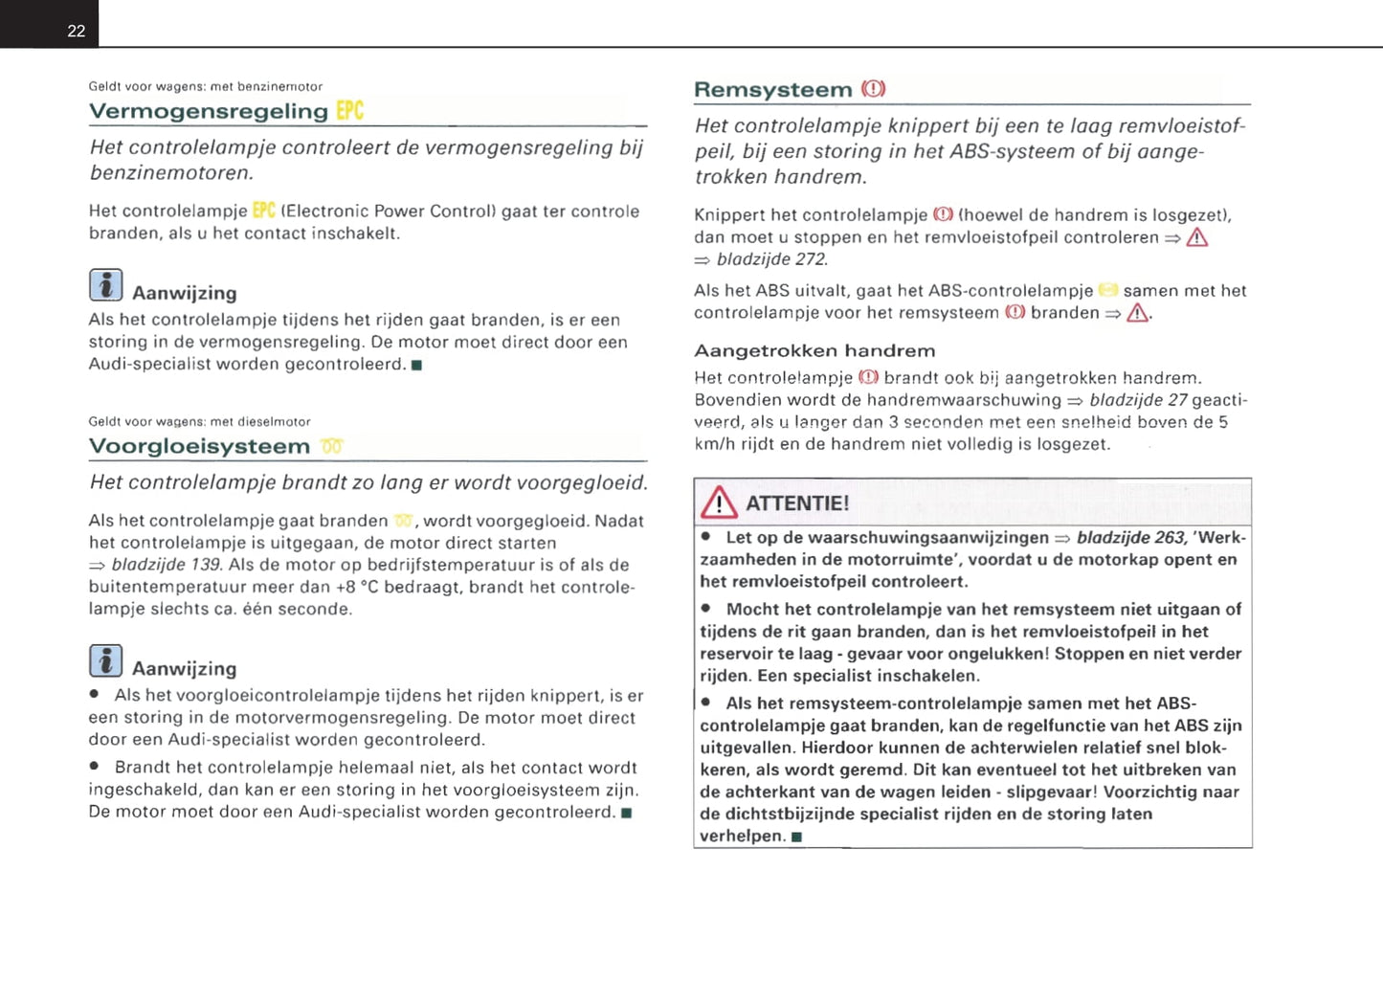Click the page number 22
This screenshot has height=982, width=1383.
(x=77, y=31)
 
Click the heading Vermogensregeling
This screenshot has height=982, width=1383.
(x=208, y=112)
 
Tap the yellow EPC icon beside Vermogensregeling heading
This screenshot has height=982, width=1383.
(x=350, y=111)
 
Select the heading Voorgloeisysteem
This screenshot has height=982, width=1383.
(x=199, y=447)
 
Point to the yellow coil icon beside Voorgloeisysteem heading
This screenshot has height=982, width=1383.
(x=332, y=447)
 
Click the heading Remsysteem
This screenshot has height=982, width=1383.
(x=772, y=90)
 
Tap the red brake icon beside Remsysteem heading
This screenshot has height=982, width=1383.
(x=873, y=89)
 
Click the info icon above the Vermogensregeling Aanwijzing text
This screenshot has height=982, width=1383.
(x=105, y=285)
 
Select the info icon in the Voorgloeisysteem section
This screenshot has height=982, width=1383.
(x=105, y=660)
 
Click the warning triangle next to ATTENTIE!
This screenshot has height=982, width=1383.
(x=719, y=502)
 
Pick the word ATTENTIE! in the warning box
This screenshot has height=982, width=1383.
(x=797, y=503)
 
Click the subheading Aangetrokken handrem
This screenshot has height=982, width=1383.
(x=814, y=351)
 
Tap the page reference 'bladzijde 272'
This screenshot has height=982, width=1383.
(x=771, y=259)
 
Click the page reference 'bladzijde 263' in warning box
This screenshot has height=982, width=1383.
(x=1131, y=538)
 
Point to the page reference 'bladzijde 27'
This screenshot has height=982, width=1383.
(x=1138, y=400)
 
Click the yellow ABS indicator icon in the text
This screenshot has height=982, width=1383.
(x=1107, y=290)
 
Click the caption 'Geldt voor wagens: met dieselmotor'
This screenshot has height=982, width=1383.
(x=199, y=421)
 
